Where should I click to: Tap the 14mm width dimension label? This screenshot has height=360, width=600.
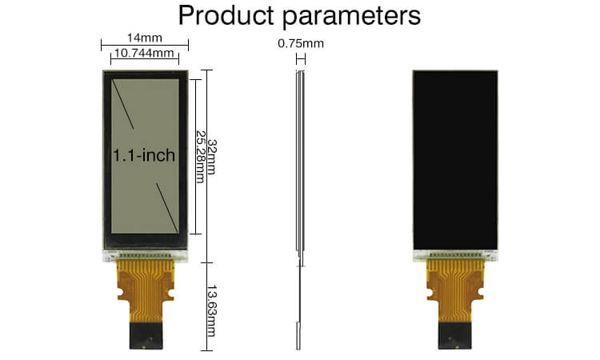(x=144, y=37)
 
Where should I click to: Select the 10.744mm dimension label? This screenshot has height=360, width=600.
(x=145, y=54)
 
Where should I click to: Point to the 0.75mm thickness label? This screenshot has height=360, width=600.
(x=301, y=44)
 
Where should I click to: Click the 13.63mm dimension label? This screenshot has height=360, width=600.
(x=211, y=309)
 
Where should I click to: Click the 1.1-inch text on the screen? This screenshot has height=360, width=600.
(x=144, y=155)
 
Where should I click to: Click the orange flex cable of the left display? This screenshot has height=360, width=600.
(x=145, y=284)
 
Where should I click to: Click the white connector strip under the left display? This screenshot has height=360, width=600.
(x=145, y=255)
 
